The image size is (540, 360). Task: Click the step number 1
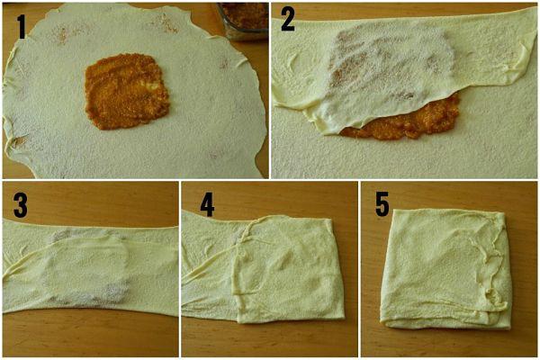[22, 27]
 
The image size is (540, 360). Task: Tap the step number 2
[288, 20]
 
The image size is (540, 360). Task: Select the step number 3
[21, 205]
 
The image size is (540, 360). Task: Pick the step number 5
[382, 204]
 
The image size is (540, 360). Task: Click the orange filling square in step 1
[127, 91]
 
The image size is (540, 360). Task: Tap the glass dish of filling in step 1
[244, 21]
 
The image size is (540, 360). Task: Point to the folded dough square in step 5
[445, 269]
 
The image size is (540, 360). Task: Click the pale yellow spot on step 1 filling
[150, 84]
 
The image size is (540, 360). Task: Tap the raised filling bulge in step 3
[86, 269]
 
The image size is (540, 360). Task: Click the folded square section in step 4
[289, 269]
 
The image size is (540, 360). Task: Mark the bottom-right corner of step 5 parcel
[509, 327]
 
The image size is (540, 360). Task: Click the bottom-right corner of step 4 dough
[344, 318]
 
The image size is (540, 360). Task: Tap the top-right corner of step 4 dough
[331, 219]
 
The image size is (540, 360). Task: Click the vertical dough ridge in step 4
[236, 269]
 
